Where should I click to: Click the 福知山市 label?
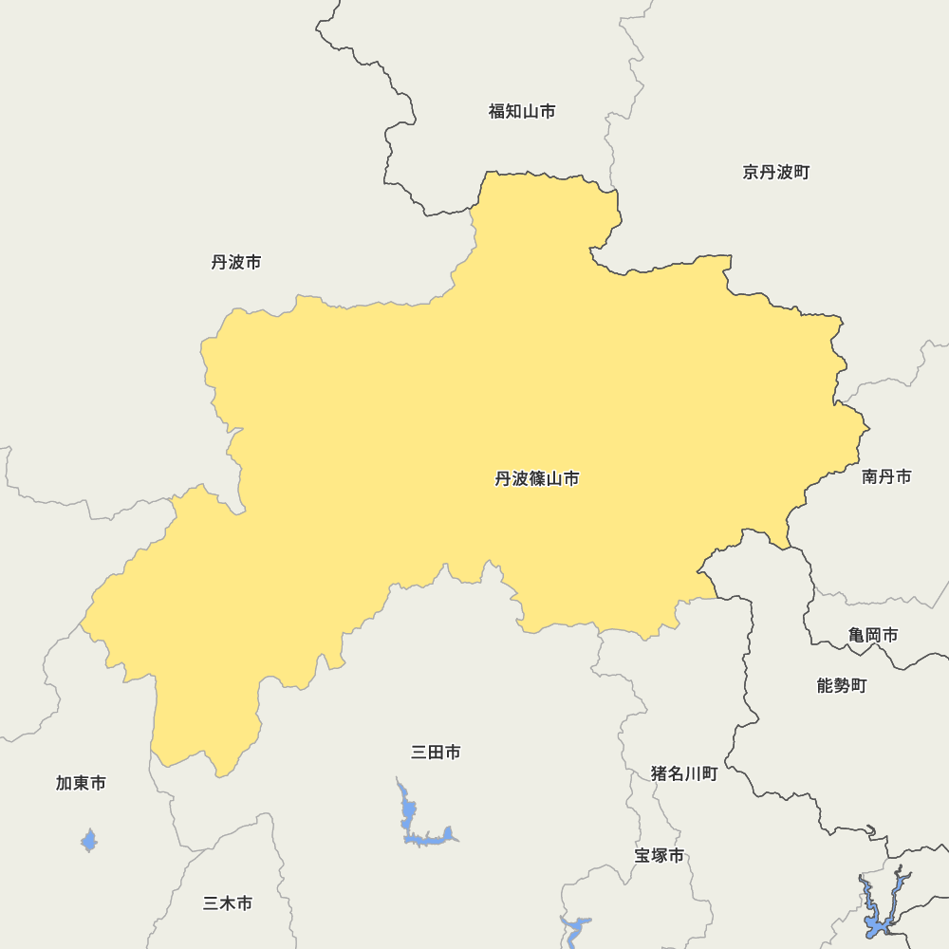(x=522, y=111)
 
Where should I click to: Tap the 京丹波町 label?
(x=776, y=172)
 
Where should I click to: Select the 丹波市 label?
(x=236, y=262)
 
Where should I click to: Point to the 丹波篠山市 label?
(x=537, y=478)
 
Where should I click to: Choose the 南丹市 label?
(x=886, y=476)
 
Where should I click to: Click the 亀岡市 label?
(x=873, y=635)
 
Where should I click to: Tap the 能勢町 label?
(x=842, y=685)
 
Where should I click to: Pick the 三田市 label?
(x=437, y=753)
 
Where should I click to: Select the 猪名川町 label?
(x=684, y=773)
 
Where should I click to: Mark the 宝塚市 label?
(x=660, y=855)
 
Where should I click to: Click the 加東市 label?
(x=81, y=783)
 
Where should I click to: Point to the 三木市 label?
(x=228, y=903)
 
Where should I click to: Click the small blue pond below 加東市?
(x=89, y=840)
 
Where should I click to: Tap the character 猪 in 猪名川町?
(x=660, y=773)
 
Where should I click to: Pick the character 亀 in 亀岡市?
(x=857, y=635)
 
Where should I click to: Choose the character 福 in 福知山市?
(x=496, y=111)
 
